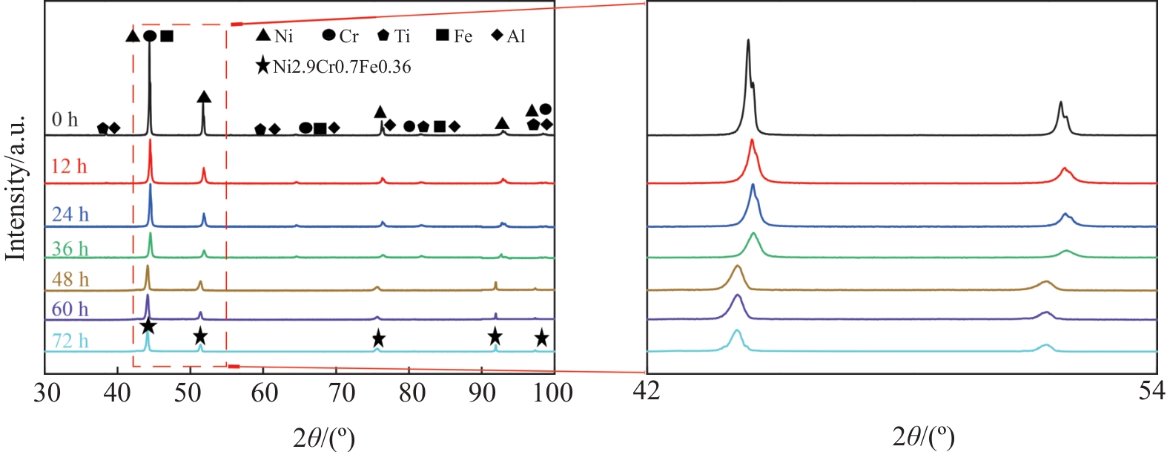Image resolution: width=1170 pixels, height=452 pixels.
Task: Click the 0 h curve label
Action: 65,119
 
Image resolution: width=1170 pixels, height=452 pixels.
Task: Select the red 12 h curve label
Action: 69,166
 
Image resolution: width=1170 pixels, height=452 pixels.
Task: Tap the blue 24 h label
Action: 70,214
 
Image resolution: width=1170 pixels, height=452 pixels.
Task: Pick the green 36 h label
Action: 70,249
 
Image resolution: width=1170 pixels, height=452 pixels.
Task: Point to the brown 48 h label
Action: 70,279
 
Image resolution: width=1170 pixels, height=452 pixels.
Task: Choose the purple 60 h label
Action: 70,309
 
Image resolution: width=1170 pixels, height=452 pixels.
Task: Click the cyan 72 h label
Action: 70,341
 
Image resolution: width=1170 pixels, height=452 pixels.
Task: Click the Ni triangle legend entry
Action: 274,36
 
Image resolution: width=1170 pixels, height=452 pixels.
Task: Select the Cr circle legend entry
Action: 340,36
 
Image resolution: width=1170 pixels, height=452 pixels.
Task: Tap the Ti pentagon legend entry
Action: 394,36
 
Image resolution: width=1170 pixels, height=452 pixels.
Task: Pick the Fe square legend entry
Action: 453,36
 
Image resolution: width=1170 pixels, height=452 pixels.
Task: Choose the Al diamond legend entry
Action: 509,36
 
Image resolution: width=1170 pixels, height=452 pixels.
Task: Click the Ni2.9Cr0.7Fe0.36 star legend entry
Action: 332,67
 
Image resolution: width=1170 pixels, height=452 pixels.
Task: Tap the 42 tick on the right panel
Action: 647,390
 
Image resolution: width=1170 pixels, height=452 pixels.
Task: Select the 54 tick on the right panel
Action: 1152,390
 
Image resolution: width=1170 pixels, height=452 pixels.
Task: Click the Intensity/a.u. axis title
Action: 16,189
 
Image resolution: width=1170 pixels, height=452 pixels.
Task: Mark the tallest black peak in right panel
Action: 748,42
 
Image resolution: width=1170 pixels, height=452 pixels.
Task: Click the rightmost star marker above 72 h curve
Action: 542,338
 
